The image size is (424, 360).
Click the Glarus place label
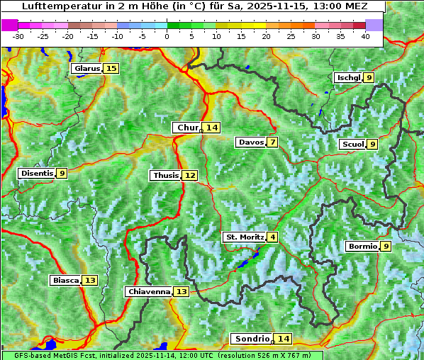pyautogui.click(x=87, y=69)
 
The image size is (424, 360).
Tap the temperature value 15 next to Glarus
pyautogui.click(x=111, y=69)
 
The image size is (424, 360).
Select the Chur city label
pyautogui.click(x=188, y=128)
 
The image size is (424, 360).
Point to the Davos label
pyautogui.click(x=251, y=142)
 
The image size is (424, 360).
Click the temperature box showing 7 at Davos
pyautogui.click(x=272, y=142)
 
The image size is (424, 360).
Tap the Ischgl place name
pyautogui.click(x=348, y=78)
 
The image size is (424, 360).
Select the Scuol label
pyautogui.click(x=352, y=145)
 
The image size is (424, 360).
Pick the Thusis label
pyautogui.click(x=165, y=175)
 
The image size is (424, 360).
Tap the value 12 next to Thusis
pyautogui.click(x=189, y=175)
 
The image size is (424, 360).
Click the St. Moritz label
pyautogui.click(x=245, y=237)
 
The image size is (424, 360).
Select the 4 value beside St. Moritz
pyautogui.click(x=272, y=237)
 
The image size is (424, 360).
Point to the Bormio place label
pyautogui.click(x=362, y=247)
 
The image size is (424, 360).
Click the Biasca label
pyautogui.click(x=66, y=281)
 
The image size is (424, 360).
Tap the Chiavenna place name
pyautogui.click(x=149, y=291)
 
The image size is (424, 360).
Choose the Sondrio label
pyautogui.click(x=252, y=339)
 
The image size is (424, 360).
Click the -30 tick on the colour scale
pyautogui.click(x=18, y=36)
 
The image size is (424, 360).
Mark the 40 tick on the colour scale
pyautogui.click(x=365, y=36)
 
